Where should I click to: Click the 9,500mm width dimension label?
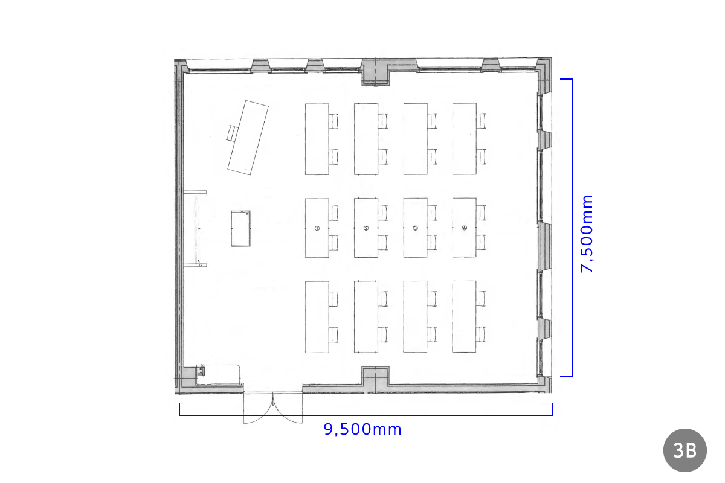coord(362,430)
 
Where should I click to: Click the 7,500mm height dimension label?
coord(587,234)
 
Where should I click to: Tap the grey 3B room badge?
coord(685,450)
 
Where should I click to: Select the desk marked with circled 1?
coord(317,228)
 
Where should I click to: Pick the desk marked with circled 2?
coord(366,228)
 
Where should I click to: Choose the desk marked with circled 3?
coord(415,228)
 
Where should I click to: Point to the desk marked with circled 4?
coord(465,228)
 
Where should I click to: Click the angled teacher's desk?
coord(248,138)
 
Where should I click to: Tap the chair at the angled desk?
coord(232,133)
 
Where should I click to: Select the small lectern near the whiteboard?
coord(241,228)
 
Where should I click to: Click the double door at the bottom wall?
coord(273,408)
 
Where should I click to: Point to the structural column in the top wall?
coord(375,72)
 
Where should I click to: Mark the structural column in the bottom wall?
coord(375,379)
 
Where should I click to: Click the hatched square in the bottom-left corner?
coord(201,371)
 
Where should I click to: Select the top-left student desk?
coord(317,139)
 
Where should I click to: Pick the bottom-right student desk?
coord(464,316)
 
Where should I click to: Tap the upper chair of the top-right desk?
coord(481,121)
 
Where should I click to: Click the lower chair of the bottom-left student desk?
coord(333,334)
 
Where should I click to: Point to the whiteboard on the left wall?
coord(195,228)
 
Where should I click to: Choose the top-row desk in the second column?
coord(366,139)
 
